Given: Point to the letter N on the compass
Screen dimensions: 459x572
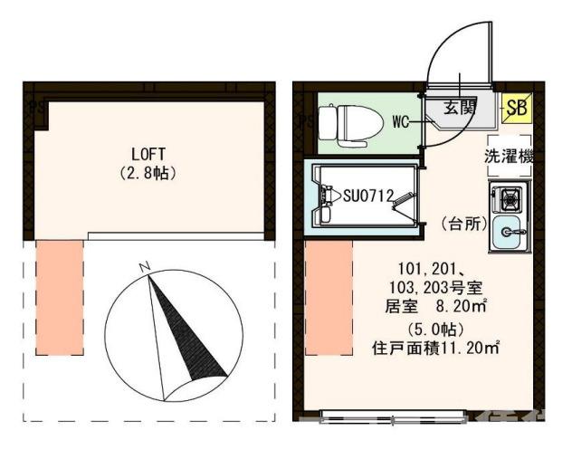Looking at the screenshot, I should click(x=143, y=267).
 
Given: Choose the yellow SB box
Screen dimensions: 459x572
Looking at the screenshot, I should click(x=517, y=109).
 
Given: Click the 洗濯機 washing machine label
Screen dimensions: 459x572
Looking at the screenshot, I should click(x=510, y=156).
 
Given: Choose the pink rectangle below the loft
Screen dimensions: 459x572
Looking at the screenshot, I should click(x=60, y=297).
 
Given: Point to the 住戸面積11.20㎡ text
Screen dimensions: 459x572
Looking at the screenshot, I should click(x=437, y=346).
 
